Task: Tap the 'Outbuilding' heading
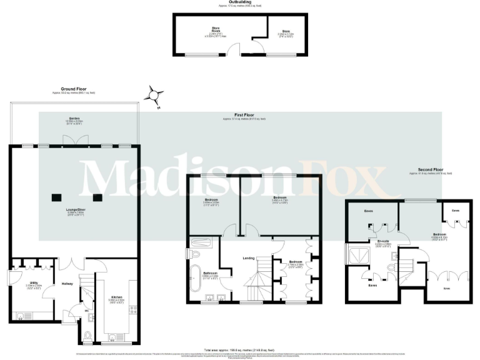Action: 240,2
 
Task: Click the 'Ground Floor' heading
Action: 74,89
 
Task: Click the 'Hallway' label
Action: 67,284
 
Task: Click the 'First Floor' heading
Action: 244,114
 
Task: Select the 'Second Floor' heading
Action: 430,169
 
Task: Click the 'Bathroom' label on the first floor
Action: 210,273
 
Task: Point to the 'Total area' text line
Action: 240,350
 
